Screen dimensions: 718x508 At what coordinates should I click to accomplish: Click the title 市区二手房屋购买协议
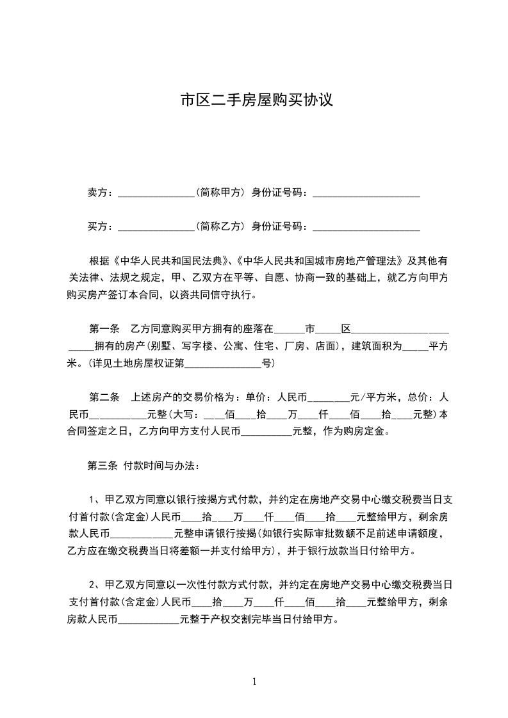coord(256,101)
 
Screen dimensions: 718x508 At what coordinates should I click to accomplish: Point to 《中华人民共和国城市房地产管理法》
coord(319,261)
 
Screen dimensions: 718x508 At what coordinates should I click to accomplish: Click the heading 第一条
coord(104,330)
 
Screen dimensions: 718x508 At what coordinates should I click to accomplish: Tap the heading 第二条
coord(104,397)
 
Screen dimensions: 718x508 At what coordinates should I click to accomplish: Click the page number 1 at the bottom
coord(254,682)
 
